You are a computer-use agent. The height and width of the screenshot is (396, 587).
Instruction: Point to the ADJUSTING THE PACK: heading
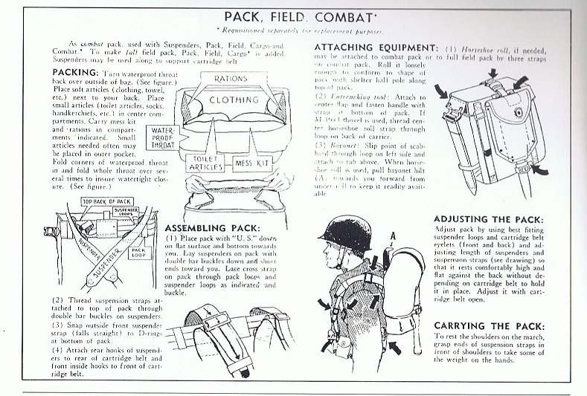click(490, 220)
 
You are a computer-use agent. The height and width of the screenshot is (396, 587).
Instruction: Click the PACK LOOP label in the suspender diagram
click(137, 253)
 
